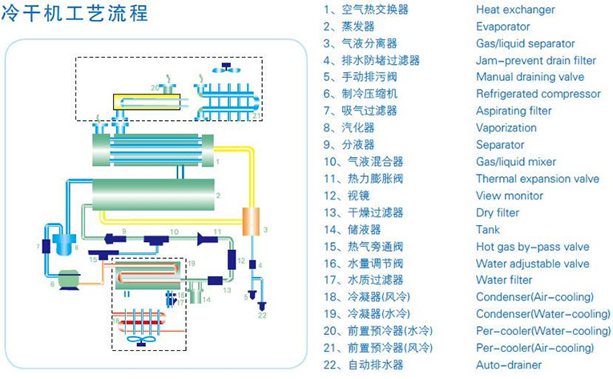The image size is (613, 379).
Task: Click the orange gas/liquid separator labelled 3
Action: pos(253,220)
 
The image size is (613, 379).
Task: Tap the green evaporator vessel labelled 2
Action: pos(152,195)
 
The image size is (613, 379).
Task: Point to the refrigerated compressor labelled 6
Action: pos(67,278)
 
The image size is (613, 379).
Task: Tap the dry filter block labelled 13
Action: pos(214,280)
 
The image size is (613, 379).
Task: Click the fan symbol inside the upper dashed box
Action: pos(226,68)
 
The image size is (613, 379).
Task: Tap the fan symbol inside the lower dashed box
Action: pos(143,340)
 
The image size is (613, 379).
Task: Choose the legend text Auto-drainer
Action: pos(508,365)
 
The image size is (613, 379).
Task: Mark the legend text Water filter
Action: pos(504,280)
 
